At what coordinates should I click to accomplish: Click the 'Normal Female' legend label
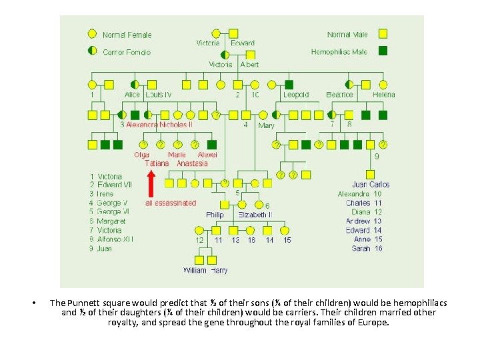click(127, 35)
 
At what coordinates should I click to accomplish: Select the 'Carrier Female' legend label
click(127, 52)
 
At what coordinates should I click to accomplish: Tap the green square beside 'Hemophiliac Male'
click(383, 51)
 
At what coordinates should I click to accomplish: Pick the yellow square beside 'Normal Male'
click(383, 33)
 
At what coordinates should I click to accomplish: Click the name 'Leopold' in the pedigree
click(296, 95)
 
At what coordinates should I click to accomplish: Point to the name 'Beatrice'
click(339, 95)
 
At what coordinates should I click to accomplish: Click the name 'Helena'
click(384, 95)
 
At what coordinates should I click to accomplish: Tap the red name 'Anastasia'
click(192, 163)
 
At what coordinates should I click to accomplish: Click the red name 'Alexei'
click(207, 155)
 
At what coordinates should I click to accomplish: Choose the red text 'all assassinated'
click(171, 203)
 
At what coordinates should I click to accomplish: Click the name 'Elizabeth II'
click(255, 215)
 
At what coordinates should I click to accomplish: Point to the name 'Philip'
click(215, 215)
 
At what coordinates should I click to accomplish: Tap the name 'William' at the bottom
click(195, 271)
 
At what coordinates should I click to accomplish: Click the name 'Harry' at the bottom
click(219, 271)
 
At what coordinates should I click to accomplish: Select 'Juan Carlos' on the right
click(371, 184)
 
